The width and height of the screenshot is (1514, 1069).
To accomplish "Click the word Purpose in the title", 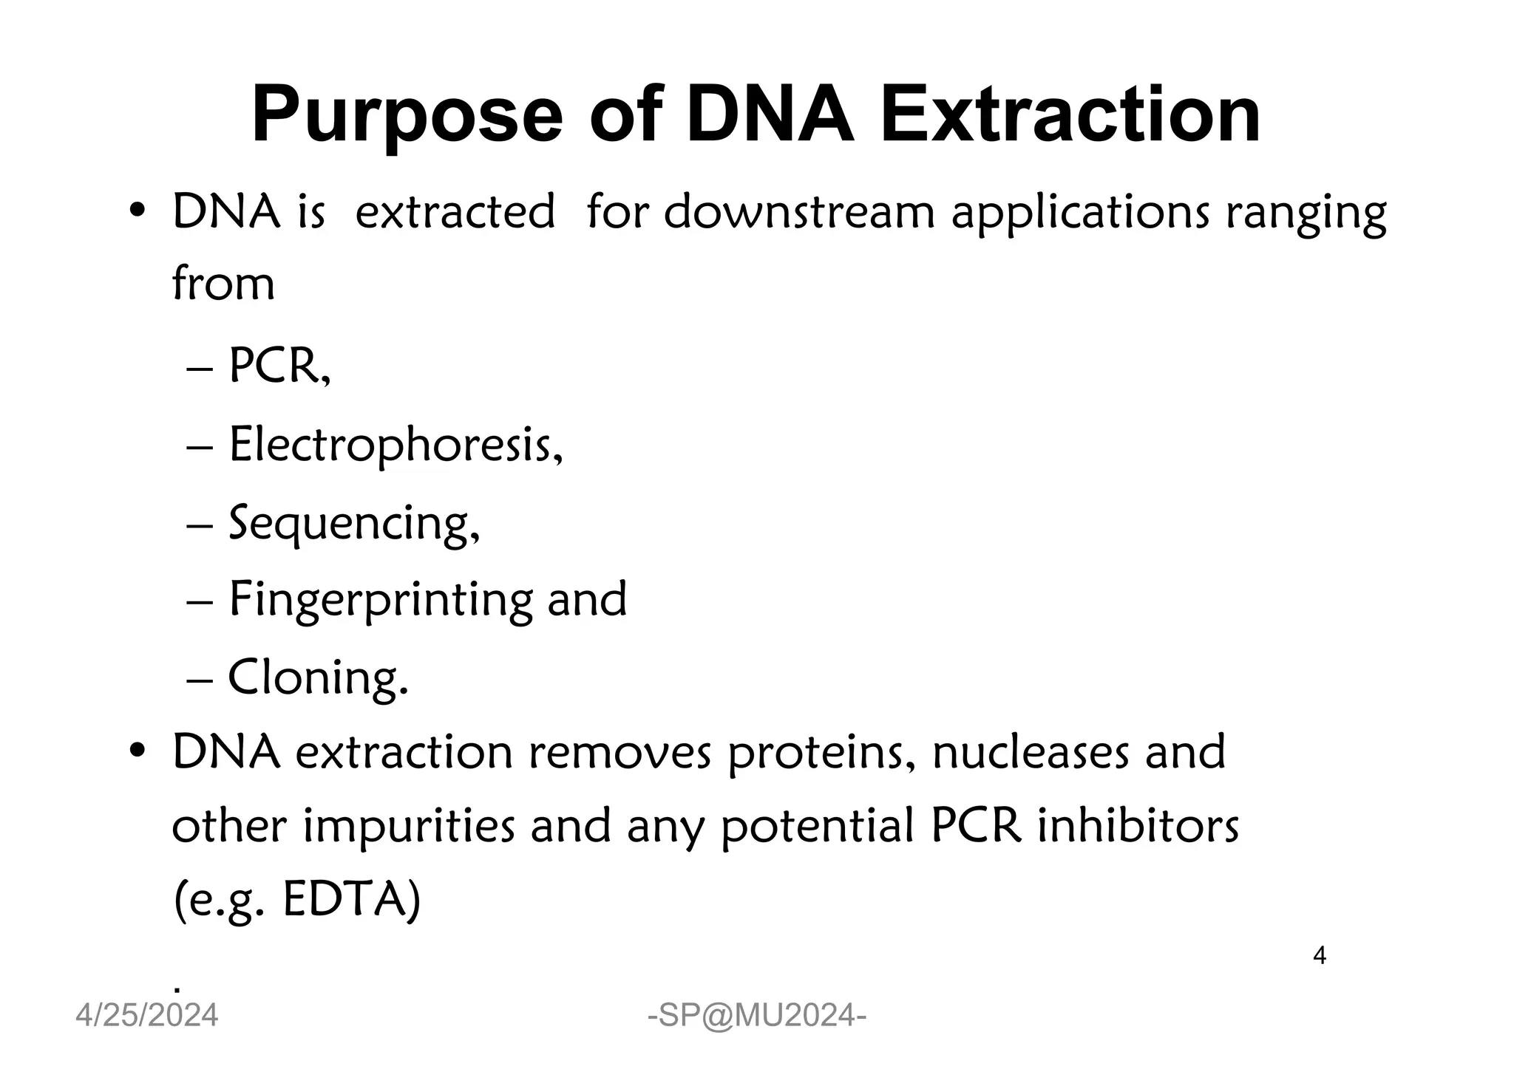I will tap(407, 117).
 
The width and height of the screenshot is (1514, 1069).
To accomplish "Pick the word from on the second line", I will tap(223, 284).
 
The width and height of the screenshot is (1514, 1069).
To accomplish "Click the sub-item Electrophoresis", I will tap(396, 446).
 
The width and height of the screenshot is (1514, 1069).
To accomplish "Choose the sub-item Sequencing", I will tap(353, 524).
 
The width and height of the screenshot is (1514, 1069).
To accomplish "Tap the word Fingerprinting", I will tap(380, 601).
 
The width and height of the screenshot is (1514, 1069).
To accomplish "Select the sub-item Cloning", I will tap(318, 678).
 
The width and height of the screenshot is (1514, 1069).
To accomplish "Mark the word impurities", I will tap(410, 827).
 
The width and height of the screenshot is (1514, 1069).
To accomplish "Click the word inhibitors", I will tap(1138, 827).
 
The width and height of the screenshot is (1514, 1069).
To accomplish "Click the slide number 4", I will tap(1320, 956).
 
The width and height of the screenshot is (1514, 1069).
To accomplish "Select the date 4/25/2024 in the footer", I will tap(147, 1016).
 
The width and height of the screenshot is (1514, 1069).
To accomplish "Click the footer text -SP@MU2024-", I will tap(757, 1017).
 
